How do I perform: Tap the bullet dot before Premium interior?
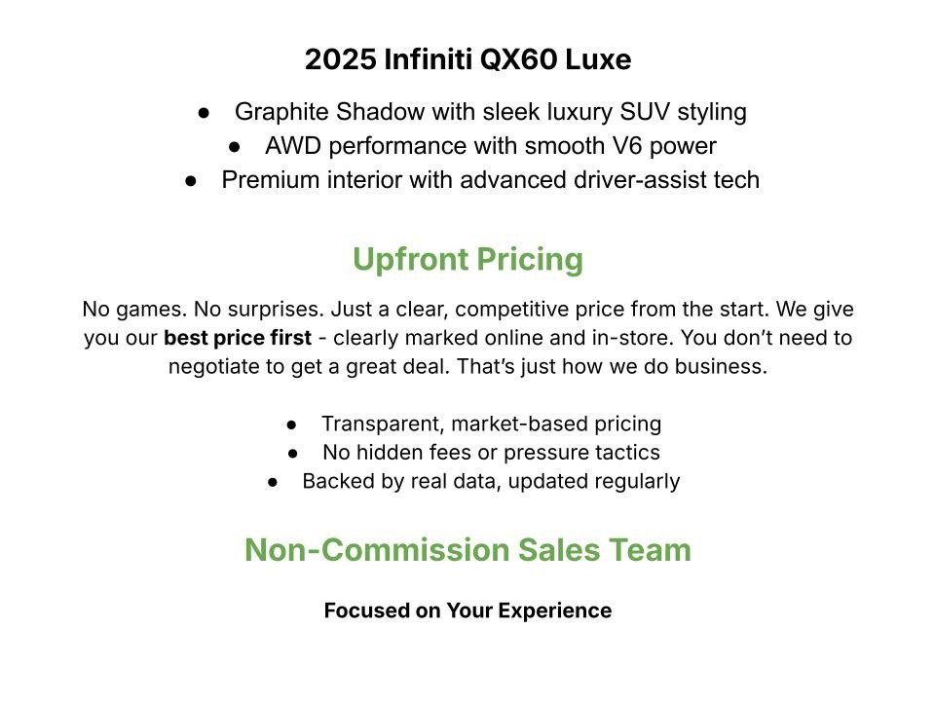192,181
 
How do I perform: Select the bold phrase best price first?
238,339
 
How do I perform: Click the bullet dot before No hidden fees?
293,453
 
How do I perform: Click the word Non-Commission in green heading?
373,550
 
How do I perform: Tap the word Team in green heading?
654,550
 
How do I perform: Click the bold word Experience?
555,610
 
